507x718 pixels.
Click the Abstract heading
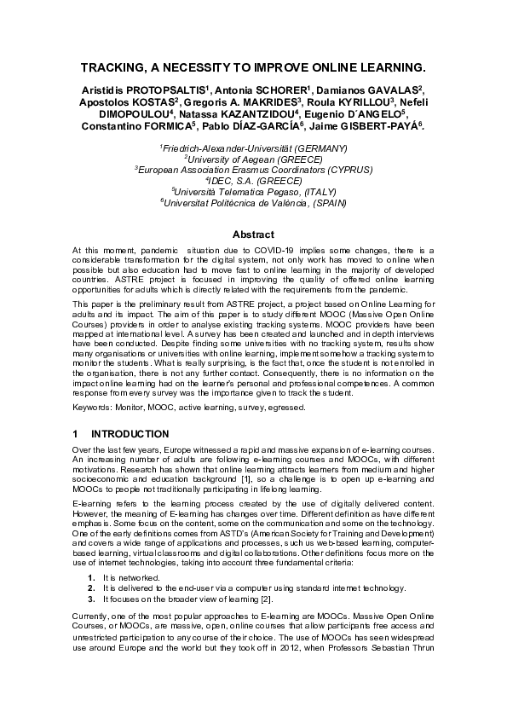[253, 235]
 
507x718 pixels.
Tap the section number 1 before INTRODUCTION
[76, 434]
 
